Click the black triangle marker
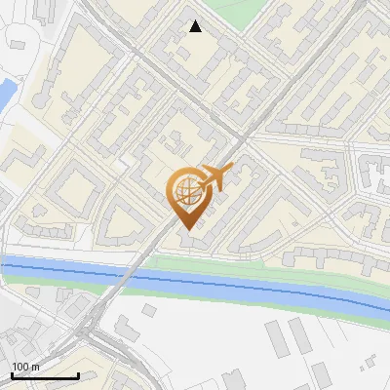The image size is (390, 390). click(196, 26)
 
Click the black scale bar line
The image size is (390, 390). click(45, 375)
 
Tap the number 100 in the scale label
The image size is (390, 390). click(20, 367)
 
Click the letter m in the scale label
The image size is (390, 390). click(35, 367)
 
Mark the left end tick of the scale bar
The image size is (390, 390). click(12, 374)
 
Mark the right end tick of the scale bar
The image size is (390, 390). click(78, 374)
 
